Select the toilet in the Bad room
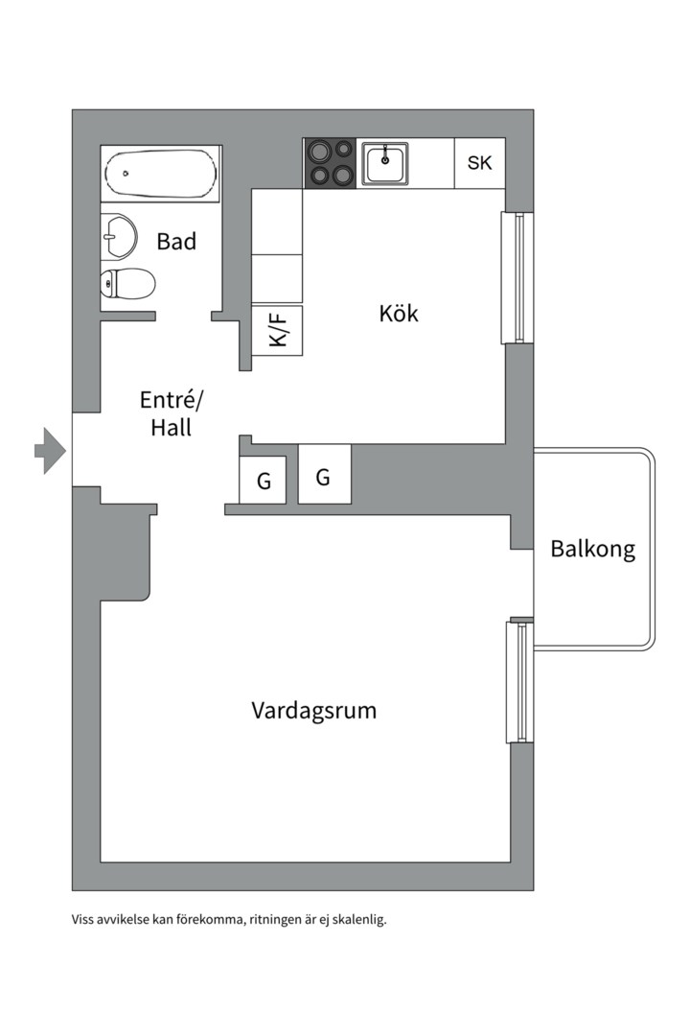pos(128,284)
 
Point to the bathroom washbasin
pos(119,235)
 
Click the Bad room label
pos(176,242)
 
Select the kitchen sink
pos(385,163)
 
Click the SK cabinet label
pos(479,163)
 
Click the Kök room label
pos(399,314)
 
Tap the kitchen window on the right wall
pos(517,277)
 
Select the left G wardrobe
pos(264,481)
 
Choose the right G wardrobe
pos(324,476)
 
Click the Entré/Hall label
pos(172,413)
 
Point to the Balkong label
pos(592,550)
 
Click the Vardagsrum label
pos(314,711)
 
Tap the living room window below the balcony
pos(517,682)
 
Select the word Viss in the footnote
pos(83,919)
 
